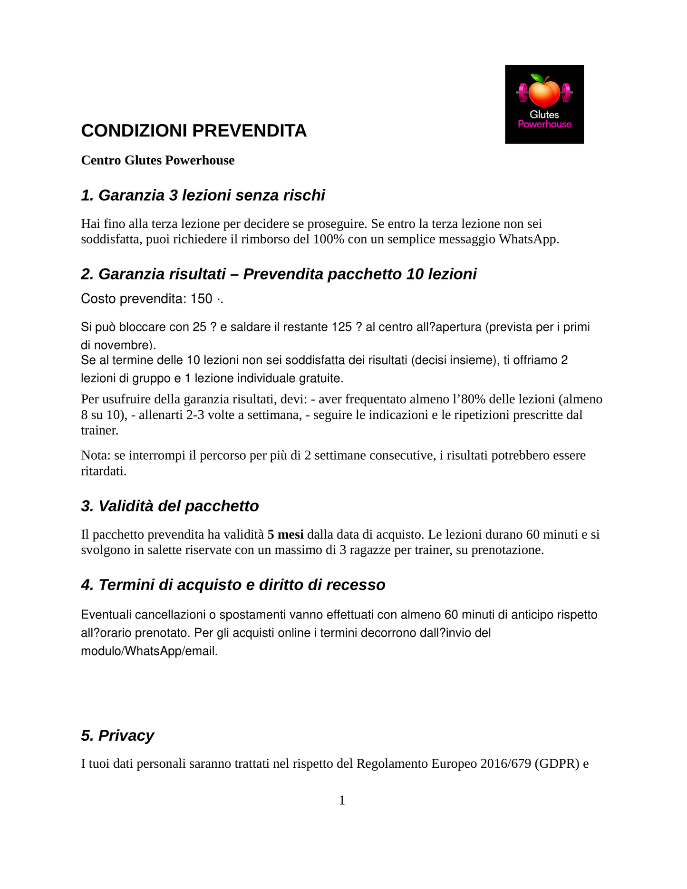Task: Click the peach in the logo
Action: pyautogui.click(x=544, y=93)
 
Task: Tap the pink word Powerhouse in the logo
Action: pyautogui.click(x=544, y=125)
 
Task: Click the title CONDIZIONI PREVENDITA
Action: pyautogui.click(x=194, y=131)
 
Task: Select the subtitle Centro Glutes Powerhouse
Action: pyautogui.click(x=157, y=160)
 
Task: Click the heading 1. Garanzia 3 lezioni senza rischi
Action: pyautogui.click(x=203, y=195)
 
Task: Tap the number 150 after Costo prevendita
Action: pyautogui.click(x=201, y=299)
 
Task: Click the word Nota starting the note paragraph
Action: pyautogui.click(x=95, y=455)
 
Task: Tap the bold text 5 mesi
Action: pyautogui.click(x=285, y=534)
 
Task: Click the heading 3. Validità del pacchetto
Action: pyautogui.click(x=170, y=506)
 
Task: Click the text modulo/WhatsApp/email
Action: pyautogui.click(x=149, y=651)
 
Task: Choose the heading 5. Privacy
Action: pyautogui.click(x=117, y=736)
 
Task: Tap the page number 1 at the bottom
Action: pyautogui.click(x=342, y=801)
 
